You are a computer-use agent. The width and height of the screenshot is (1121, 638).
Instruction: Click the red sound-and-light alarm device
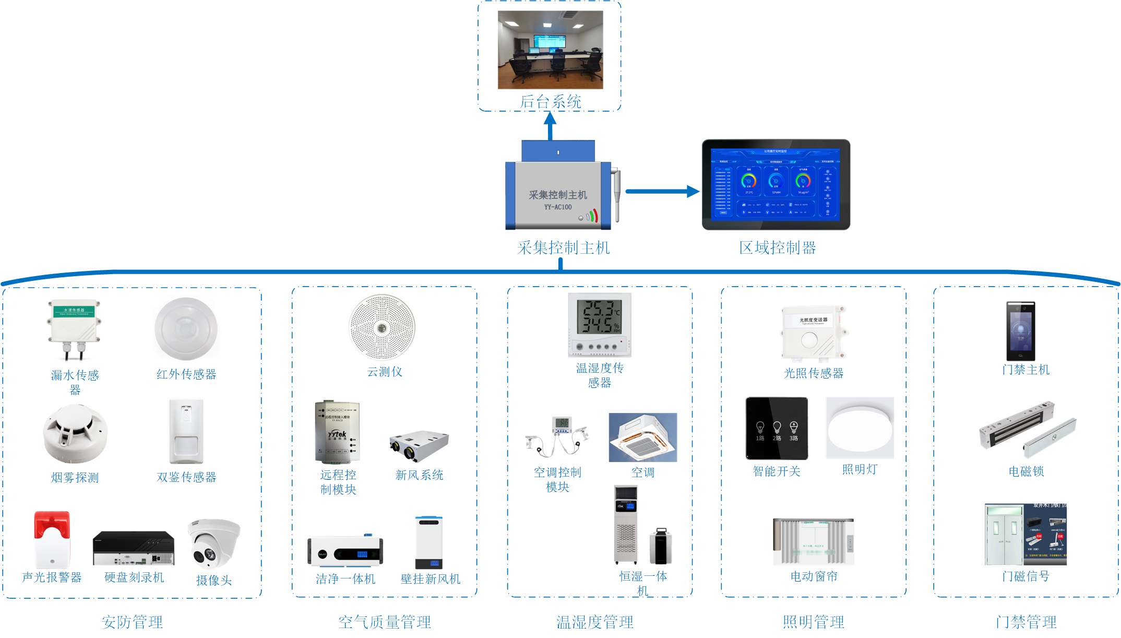click(x=52, y=539)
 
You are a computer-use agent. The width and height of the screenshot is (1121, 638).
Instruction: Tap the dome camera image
click(x=213, y=544)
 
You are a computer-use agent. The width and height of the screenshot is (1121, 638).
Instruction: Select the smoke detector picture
click(x=75, y=434)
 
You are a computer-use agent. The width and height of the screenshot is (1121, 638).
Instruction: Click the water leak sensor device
click(x=74, y=328)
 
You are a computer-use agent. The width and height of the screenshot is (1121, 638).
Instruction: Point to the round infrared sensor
click(x=186, y=328)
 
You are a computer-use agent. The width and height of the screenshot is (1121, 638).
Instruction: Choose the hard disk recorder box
click(x=134, y=548)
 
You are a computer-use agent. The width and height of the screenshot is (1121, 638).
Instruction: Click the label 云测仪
click(x=385, y=372)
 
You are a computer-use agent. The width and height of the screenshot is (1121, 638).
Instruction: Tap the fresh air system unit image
click(x=419, y=446)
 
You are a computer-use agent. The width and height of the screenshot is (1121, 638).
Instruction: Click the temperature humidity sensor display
click(x=600, y=324)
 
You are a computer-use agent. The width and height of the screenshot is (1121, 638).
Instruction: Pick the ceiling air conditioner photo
click(x=642, y=438)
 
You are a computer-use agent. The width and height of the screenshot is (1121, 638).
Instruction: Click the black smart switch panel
click(x=777, y=428)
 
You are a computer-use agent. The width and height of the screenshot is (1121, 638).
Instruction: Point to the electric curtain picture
click(x=813, y=541)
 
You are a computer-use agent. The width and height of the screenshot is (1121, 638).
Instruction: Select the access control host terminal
click(x=1021, y=330)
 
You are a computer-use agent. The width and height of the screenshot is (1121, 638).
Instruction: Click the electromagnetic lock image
click(x=1027, y=431)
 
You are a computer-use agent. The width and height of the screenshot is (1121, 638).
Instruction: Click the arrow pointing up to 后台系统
click(x=550, y=126)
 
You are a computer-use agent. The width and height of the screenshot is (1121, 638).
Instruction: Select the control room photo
click(x=550, y=50)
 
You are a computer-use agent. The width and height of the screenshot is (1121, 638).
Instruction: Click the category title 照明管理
click(x=813, y=622)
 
